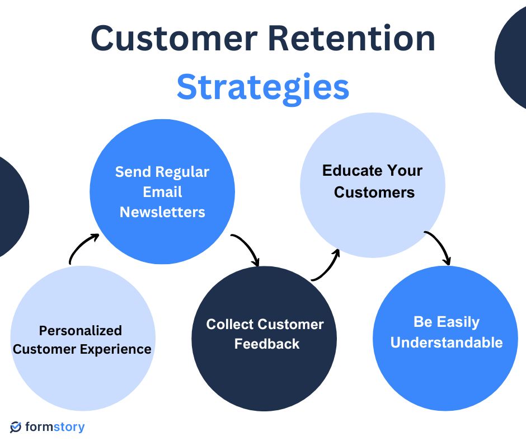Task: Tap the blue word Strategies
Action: (x=263, y=87)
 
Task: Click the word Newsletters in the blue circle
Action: (x=162, y=212)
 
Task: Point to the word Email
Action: (x=162, y=192)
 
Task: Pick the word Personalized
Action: (x=80, y=330)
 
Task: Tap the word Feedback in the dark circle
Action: (x=267, y=344)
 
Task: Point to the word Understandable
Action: (x=446, y=342)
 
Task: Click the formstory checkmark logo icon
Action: (x=16, y=427)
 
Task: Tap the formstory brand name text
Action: (x=55, y=427)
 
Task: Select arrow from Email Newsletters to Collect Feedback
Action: (x=247, y=248)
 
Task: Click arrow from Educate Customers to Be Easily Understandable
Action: (x=440, y=246)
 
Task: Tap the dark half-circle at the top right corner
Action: (x=512, y=56)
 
